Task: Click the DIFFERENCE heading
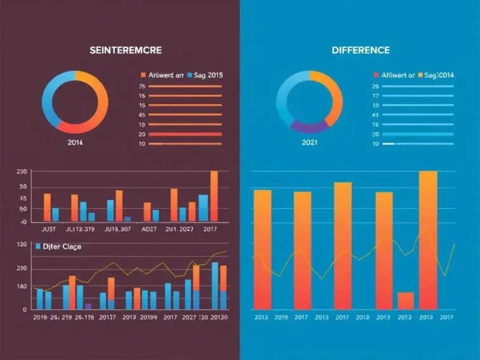pyautogui.click(x=361, y=50)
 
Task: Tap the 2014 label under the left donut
pyautogui.click(x=75, y=143)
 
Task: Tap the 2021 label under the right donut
pyautogui.click(x=311, y=143)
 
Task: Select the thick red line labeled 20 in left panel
pyautogui.click(x=184, y=134)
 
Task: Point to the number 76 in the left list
pyautogui.click(x=142, y=86)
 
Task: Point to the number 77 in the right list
pyautogui.click(x=375, y=96)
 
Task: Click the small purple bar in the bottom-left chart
pyautogui.click(x=88, y=306)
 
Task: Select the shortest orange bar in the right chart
pyautogui.click(x=405, y=300)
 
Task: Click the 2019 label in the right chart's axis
pyautogui.click(x=281, y=317)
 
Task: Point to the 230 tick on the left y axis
pyautogui.click(x=22, y=172)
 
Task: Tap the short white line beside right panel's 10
pyautogui.click(x=388, y=144)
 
